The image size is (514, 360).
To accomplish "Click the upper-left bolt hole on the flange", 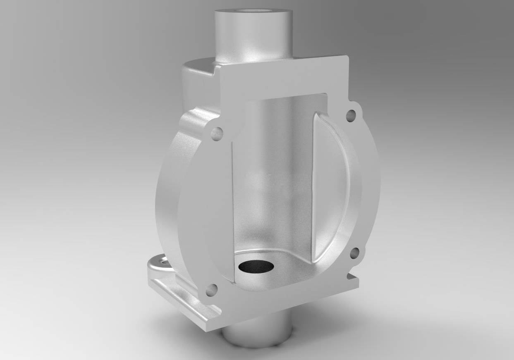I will [x=217, y=133].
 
